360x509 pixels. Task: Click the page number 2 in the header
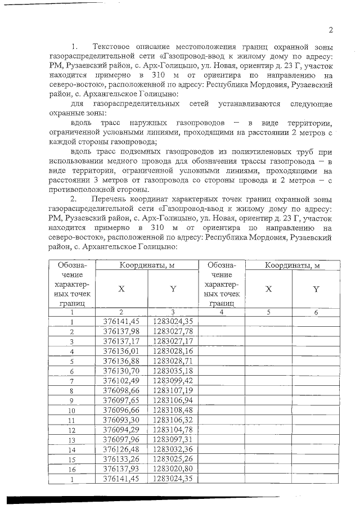[x=331, y=30]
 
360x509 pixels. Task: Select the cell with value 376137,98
[x=121, y=331]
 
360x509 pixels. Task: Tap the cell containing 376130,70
[x=121, y=371]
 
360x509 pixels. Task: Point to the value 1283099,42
[x=173, y=380]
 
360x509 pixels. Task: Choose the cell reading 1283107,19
[x=173, y=390]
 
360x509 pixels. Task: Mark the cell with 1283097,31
[x=173, y=439]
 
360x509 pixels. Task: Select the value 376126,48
[x=121, y=449]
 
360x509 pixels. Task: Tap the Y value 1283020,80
[x=173, y=469]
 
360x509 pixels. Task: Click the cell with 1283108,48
[x=173, y=409]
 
